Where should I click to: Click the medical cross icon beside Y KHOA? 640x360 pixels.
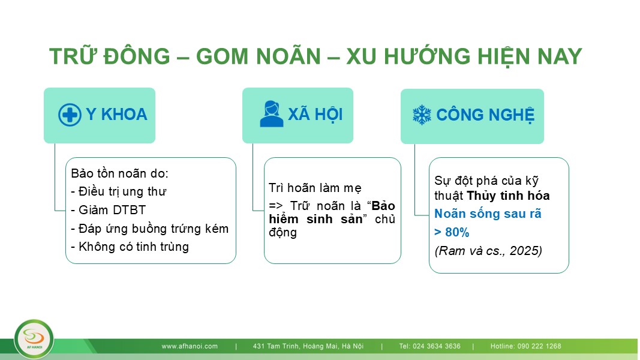pos(70,115)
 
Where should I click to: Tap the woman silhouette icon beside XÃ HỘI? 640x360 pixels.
pos(272,114)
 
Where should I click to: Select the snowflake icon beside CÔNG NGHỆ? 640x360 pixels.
pos(422,115)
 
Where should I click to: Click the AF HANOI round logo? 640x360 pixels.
pos(34,339)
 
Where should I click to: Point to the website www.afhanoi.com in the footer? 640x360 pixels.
pos(190,346)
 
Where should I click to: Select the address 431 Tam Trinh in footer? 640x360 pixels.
pos(308,346)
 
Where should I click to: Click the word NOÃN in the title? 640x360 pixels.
pos(288,56)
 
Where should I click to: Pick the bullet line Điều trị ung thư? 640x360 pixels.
pos(119,191)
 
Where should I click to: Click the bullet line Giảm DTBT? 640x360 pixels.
pos(108,210)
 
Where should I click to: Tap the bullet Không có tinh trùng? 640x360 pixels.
pos(130,247)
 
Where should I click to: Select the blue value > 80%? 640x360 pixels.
pos(452,232)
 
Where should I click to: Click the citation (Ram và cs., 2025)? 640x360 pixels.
pos(488,250)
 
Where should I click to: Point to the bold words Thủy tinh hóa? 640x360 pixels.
pos(508,196)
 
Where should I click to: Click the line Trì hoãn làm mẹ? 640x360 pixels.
pos(315,188)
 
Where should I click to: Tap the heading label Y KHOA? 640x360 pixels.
pos(116,115)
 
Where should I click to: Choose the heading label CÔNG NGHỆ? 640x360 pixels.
pos(485,115)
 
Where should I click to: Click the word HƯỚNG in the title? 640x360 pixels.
pos(427,56)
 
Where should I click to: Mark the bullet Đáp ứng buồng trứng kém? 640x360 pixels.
pos(149,229)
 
